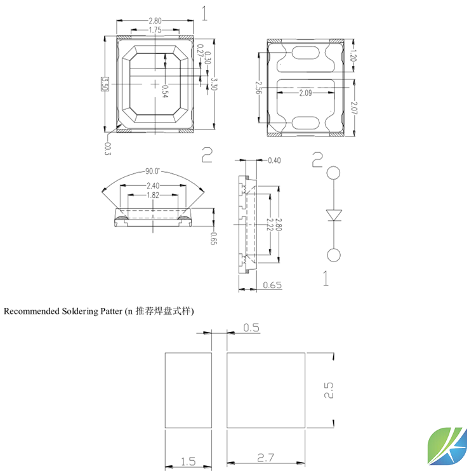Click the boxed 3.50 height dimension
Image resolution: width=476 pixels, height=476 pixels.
click(105, 84)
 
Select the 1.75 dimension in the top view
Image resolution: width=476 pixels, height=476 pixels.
click(155, 30)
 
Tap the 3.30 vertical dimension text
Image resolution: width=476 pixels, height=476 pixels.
click(214, 84)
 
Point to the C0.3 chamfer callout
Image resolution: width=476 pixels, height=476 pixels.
click(107, 149)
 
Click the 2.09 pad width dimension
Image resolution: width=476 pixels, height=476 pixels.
click(305, 93)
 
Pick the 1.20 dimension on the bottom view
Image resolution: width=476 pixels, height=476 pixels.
click(353, 56)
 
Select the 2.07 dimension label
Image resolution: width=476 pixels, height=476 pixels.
click(354, 108)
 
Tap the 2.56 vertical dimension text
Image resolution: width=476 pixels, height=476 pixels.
click(258, 88)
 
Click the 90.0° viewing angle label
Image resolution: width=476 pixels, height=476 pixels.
click(152, 171)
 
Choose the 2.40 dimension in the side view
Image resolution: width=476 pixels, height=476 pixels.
click(153, 185)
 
